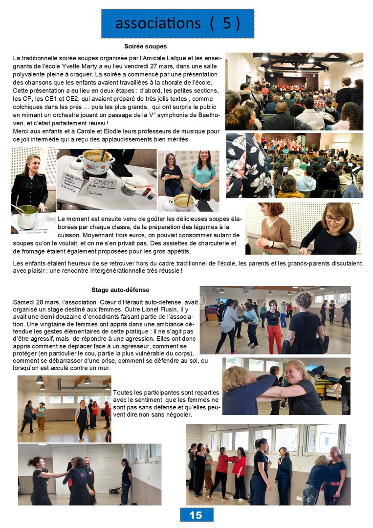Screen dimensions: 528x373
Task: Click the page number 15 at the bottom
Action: pyautogui.click(x=196, y=515)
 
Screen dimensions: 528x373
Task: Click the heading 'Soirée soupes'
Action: pyautogui.click(x=145, y=46)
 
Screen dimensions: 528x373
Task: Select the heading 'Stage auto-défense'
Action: pyautogui.click(x=120, y=290)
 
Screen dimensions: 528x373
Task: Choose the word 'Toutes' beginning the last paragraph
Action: pyautogui.click(x=122, y=392)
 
